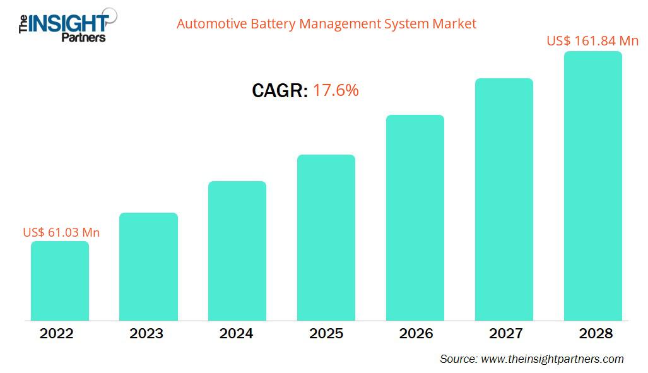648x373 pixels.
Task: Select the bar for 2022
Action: (60, 281)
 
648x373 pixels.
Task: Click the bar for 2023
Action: (148, 266)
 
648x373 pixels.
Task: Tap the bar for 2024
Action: (237, 251)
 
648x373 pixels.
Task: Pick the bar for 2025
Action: (326, 237)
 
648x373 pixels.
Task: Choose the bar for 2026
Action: (415, 218)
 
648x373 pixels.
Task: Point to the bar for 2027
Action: (504, 199)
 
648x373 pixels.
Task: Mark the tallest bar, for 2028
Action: (592, 186)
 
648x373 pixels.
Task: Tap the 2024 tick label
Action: (237, 334)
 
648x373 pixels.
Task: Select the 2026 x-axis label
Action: (415, 334)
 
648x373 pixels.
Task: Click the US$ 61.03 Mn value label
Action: (61, 232)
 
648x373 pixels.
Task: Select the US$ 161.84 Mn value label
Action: (592, 41)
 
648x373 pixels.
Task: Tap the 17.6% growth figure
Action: (336, 91)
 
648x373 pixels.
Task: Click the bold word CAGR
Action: (280, 91)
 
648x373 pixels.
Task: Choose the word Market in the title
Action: (454, 25)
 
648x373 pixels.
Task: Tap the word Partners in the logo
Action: (83, 37)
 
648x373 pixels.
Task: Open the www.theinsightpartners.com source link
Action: (552, 359)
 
